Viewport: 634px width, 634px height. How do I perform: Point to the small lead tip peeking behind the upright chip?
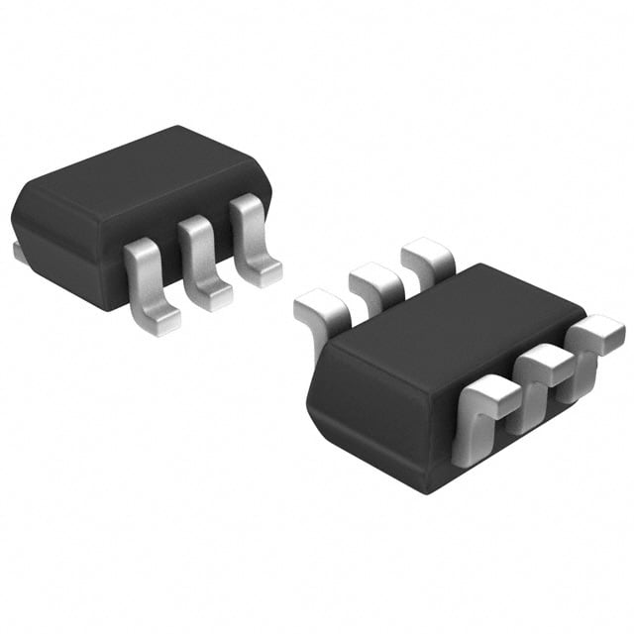[19, 254]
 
